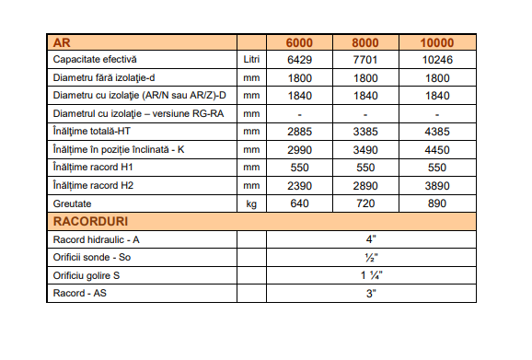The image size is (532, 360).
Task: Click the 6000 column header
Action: tap(300, 42)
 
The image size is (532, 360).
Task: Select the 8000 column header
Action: tap(369, 42)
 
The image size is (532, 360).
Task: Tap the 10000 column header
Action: tap(437, 42)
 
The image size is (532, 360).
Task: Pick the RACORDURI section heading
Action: tap(90, 222)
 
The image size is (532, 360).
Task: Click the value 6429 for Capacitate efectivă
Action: tap(300, 60)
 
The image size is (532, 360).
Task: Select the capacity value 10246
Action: tap(437, 60)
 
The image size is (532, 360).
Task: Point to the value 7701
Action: tap(369, 60)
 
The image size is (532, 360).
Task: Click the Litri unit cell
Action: tap(251, 60)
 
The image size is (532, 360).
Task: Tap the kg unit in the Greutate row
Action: tap(251, 203)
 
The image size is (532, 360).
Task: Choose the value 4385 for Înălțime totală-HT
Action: tap(437, 132)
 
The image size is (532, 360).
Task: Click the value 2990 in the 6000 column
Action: tap(300, 150)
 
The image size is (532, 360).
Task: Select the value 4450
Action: tap(437, 150)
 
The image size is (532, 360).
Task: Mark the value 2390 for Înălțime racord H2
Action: tap(300, 186)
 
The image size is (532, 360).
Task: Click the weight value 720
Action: tap(369, 203)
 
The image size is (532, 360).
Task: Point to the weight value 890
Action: tap(437, 203)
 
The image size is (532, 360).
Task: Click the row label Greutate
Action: tap(75, 203)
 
